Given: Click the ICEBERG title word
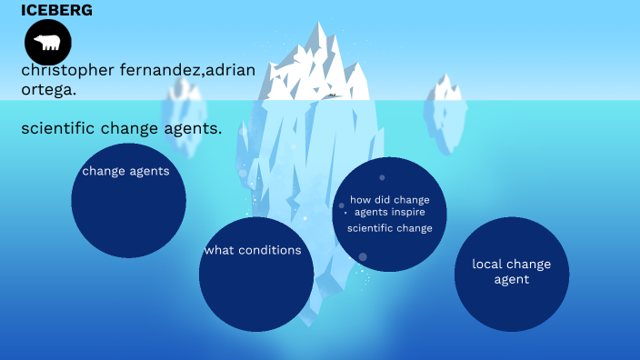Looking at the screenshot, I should (56, 10).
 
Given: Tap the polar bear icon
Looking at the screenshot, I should (47, 43).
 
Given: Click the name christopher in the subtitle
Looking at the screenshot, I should (67, 70).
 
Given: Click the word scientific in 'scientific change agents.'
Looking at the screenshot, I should (60, 128).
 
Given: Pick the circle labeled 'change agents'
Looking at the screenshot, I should (128, 200).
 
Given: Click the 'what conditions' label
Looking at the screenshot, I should (253, 250).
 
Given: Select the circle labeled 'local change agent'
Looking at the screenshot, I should (511, 274).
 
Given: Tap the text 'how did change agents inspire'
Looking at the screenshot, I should (390, 205).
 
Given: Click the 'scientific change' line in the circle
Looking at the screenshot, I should (390, 228).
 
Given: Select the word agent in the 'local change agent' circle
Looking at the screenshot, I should (511, 280).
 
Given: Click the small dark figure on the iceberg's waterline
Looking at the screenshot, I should (332, 95).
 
